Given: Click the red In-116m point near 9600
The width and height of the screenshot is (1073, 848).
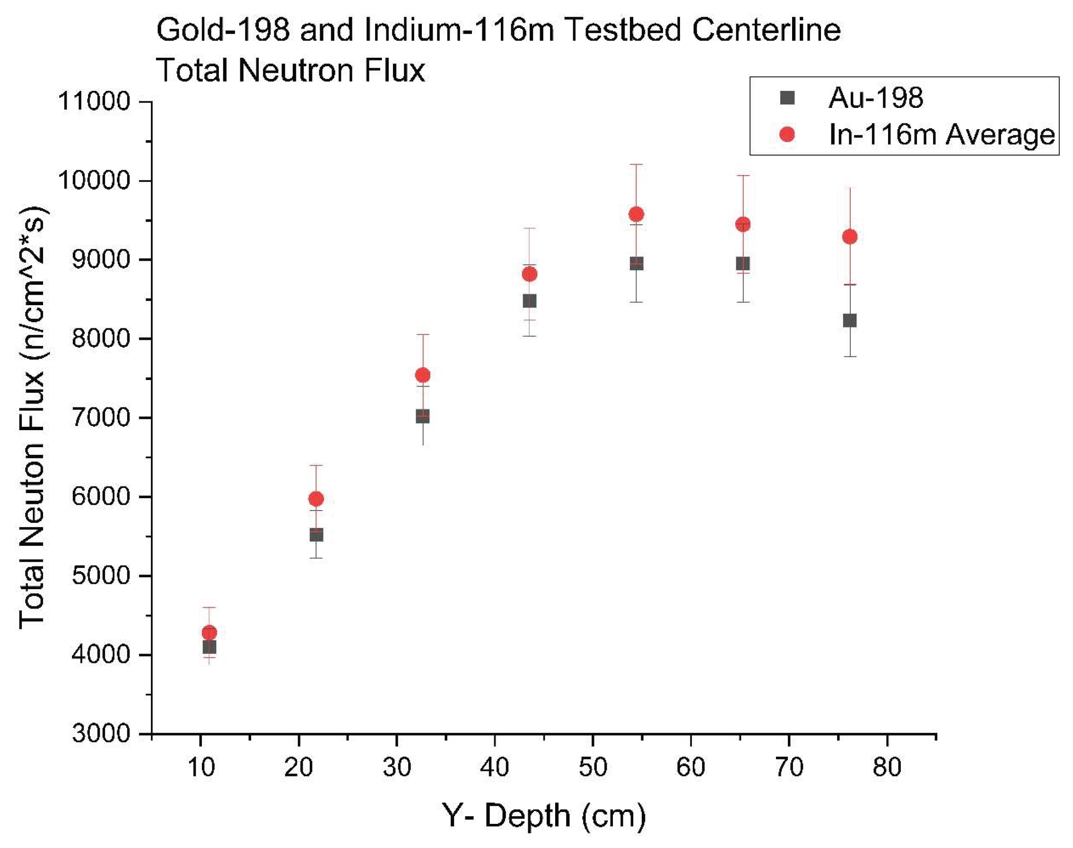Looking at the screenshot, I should (636, 214).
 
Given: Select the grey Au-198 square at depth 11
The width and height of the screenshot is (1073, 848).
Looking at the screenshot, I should (209, 647).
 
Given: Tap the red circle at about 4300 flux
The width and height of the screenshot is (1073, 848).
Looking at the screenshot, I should (209, 633).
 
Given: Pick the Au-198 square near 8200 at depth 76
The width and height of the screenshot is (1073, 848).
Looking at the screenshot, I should (850, 320).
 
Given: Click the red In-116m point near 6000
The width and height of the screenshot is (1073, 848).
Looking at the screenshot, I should (316, 498).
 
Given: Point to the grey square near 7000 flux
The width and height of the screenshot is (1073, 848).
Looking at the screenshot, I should (423, 416).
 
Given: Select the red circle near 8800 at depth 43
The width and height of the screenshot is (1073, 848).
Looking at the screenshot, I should (529, 274).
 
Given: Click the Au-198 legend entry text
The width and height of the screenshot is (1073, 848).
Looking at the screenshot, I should (875, 98).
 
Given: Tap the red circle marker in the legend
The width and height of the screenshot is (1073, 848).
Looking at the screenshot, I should (787, 134).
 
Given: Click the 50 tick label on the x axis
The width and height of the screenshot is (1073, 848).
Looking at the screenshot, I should (593, 768).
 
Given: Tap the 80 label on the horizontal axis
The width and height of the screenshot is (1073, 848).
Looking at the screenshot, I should (887, 768).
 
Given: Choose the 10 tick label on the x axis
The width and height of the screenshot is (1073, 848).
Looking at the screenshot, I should (201, 768).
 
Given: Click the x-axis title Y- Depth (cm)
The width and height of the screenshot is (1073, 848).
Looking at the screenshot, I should (544, 815).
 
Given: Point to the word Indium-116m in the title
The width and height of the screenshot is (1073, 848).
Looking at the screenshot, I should (459, 30).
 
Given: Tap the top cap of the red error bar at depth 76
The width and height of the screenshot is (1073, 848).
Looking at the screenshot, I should (850, 188).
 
